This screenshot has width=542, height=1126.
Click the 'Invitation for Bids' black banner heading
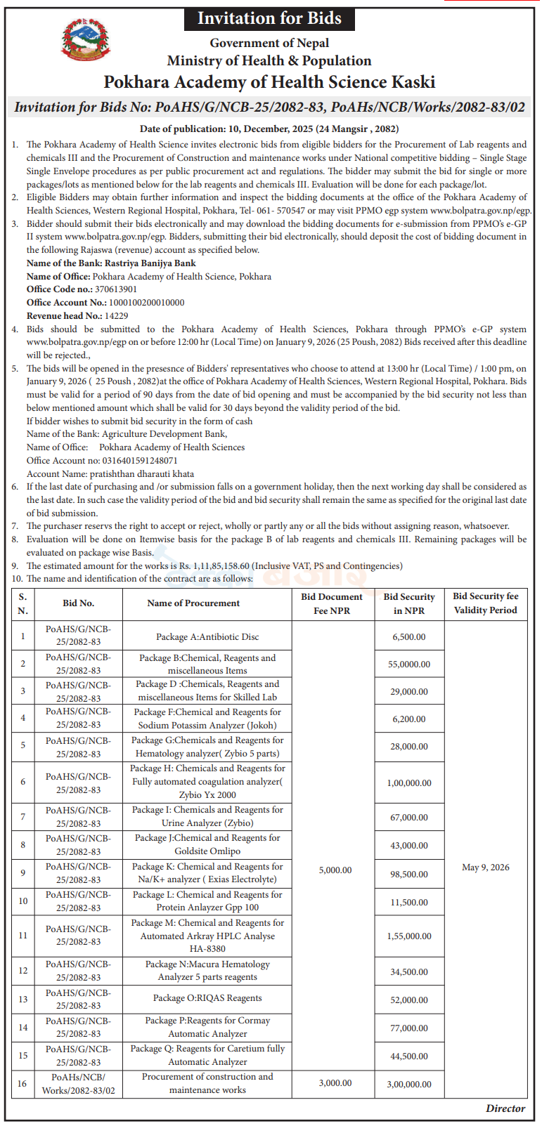point(269,19)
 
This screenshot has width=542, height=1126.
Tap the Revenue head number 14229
point(116,316)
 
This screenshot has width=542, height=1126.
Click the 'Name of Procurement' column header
point(193,603)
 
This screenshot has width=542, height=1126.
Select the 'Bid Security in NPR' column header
point(409,603)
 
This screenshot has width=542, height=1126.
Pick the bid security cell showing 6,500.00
point(409,637)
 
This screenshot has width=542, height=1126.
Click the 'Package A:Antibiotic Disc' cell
point(207,637)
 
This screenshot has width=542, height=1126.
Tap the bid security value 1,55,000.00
point(409,936)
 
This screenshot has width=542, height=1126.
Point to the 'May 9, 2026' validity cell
point(486,868)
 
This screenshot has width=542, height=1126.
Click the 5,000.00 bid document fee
point(335,870)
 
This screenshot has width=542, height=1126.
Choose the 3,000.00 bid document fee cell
point(335,1083)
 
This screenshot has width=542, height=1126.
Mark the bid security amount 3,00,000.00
point(409,1085)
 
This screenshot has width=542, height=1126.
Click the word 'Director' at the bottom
point(505,1108)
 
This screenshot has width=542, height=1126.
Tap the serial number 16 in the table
point(22,1083)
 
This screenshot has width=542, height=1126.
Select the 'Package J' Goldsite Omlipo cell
point(207,844)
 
